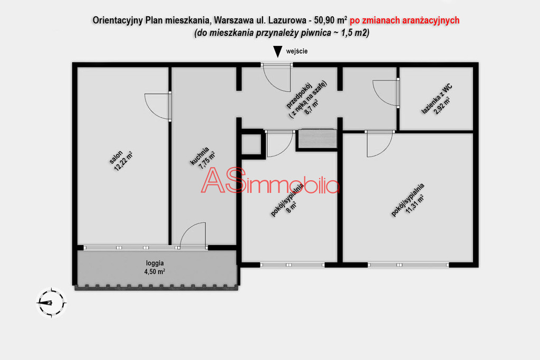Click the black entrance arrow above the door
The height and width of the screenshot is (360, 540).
(x=277, y=52)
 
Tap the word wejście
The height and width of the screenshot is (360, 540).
(x=297, y=51)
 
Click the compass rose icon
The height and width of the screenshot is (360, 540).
(x=51, y=303)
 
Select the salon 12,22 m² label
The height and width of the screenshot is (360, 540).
(x=121, y=161)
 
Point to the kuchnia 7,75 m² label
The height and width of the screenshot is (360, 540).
(x=203, y=158)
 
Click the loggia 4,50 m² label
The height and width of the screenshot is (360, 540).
(x=155, y=267)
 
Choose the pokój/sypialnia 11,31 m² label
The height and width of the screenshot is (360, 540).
(x=408, y=200)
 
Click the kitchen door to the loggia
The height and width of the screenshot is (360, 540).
(x=193, y=235)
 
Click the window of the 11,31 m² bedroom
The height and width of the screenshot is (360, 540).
(x=409, y=265)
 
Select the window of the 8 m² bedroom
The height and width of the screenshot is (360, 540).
(x=292, y=265)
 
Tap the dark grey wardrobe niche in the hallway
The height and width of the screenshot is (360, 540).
(x=317, y=139)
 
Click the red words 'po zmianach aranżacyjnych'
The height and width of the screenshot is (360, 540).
(x=404, y=21)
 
